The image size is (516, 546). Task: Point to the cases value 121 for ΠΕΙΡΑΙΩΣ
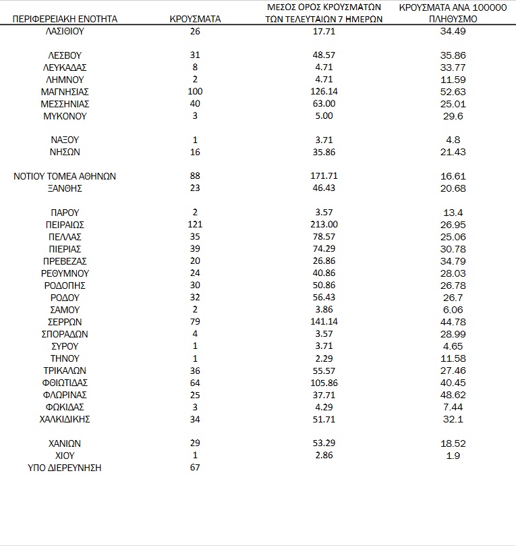point(195,225)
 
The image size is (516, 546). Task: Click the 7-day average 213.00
point(324,225)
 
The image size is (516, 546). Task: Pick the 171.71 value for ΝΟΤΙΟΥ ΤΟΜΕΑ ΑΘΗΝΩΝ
point(324,176)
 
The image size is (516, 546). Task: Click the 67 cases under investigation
point(195,468)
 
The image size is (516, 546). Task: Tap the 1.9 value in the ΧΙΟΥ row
point(453,456)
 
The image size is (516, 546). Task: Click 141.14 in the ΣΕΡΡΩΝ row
point(324,322)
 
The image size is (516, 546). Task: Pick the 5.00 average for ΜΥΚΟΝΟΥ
point(324,116)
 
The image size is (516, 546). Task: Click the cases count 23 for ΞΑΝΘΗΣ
point(195,188)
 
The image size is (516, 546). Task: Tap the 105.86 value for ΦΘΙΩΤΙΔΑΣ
point(324,383)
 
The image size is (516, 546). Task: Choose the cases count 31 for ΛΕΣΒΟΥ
point(195,55)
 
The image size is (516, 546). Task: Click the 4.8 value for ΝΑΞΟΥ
point(453,140)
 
